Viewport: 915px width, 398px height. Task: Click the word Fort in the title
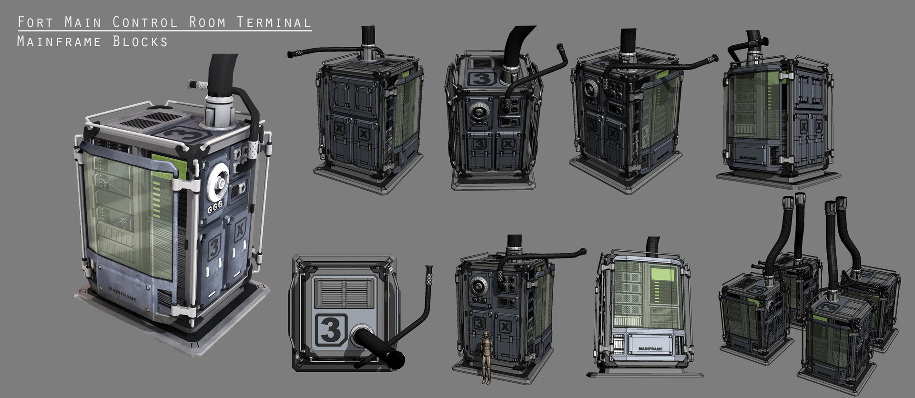coord(32,22)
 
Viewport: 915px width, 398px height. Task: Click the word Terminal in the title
coord(274,22)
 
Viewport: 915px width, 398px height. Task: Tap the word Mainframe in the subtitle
coord(59,42)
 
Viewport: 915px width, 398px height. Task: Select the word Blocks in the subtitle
coord(141,42)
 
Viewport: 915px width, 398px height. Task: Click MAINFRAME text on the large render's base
coord(122,294)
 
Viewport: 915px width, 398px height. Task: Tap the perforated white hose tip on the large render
coord(197,85)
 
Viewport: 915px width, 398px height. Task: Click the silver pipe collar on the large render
coord(220,111)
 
